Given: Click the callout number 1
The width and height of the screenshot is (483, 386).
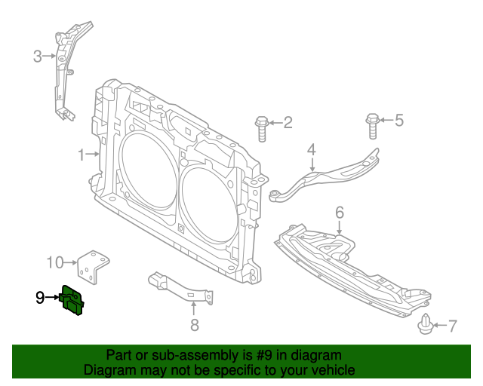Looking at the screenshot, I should pyautogui.click(x=82, y=155).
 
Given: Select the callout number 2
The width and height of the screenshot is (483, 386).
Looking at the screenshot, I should pyautogui.click(x=288, y=122).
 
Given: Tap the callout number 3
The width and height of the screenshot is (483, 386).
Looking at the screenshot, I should pyautogui.click(x=37, y=56).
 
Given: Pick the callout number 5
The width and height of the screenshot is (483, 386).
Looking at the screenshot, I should pyautogui.click(x=399, y=120).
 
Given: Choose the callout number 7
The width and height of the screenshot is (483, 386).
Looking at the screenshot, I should pyautogui.click(x=452, y=326).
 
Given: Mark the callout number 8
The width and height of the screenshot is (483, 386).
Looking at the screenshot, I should pyautogui.click(x=194, y=325).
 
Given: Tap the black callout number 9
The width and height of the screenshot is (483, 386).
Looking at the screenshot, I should pyautogui.click(x=40, y=298).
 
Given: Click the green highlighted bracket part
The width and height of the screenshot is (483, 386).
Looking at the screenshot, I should pyautogui.click(x=72, y=302).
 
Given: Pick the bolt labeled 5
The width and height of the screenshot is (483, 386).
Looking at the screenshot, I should pyautogui.click(x=373, y=125).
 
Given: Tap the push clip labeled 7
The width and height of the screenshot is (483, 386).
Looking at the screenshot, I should pyautogui.click(x=425, y=325).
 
